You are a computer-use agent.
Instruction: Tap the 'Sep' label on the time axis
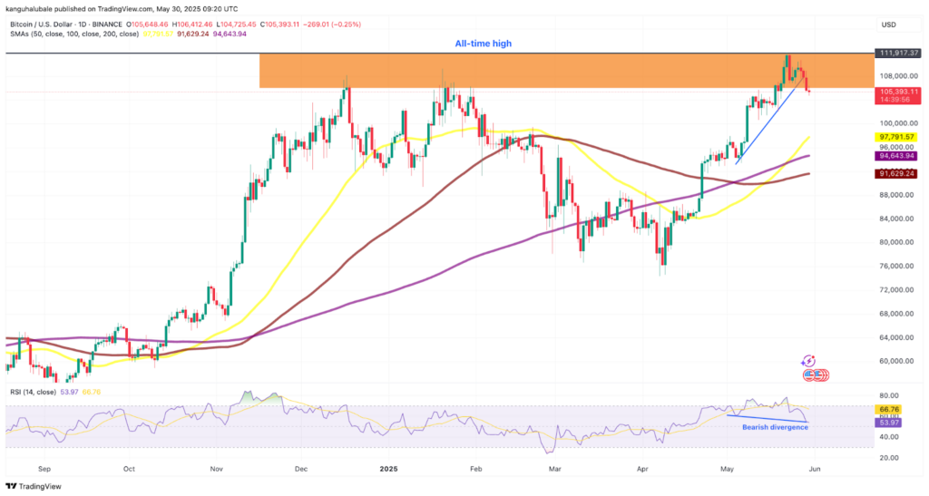(x=44, y=470)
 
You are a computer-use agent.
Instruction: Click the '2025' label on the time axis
(x=388, y=470)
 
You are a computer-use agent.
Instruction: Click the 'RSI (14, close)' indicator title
(x=34, y=392)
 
